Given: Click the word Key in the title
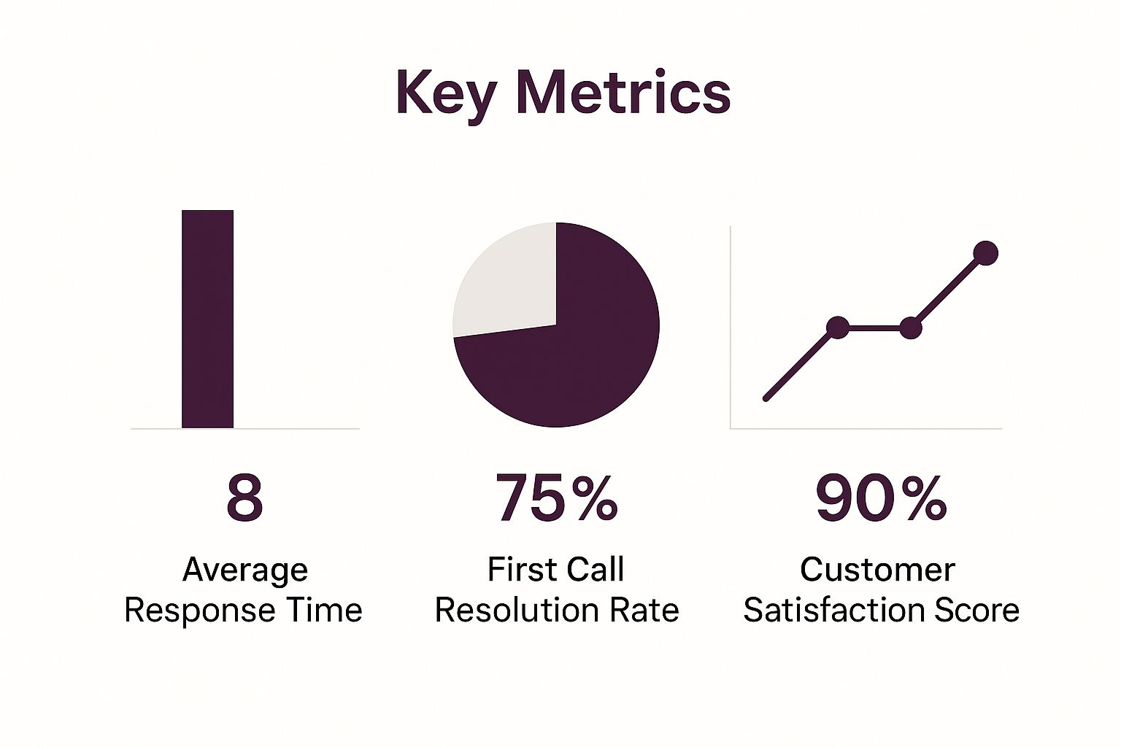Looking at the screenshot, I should pyautogui.click(x=446, y=93).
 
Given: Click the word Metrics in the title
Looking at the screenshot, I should pyautogui.click(x=623, y=92).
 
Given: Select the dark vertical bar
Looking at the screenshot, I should pyautogui.click(x=207, y=319).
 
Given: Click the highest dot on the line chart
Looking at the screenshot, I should pyautogui.click(x=985, y=253).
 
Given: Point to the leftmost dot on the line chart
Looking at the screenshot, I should pyautogui.click(x=838, y=328).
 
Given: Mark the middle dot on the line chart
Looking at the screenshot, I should pyautogui.click(x=911, y=328).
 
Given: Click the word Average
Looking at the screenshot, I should pyautogui.click(x=245, y=570).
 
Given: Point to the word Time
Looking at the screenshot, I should pyautogui.click(x=323, y=610).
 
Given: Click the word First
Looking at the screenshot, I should pyautogui.click(x=519, y=570).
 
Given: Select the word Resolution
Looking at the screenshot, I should pyautogui.click(x=510, y=610).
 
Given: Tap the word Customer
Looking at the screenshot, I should pyautogui.click(x=877, y=570).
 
